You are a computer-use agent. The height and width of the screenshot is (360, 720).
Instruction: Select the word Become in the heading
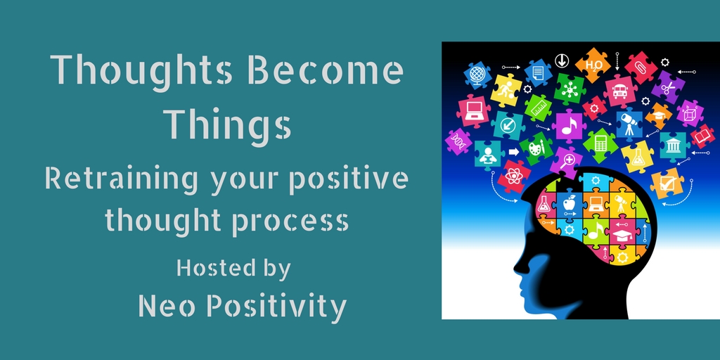[326, 70]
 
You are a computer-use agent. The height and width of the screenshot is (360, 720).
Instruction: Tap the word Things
[229, 127]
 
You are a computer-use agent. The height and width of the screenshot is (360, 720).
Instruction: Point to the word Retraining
[121, 179]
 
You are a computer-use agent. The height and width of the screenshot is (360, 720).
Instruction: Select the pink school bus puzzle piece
[619, 91]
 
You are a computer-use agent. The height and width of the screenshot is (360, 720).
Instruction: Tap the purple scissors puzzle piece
[668, 88]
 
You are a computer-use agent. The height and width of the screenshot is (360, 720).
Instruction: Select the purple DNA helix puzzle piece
[458, 141]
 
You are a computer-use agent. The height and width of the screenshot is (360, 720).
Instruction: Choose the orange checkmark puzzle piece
[667, 184]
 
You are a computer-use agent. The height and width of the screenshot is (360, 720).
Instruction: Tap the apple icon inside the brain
[570, 202]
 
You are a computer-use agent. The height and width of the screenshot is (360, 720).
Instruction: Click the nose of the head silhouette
[517, 267]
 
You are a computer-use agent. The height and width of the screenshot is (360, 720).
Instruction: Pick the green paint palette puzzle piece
[536, 148]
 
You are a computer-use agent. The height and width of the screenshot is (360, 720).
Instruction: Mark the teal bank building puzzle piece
[674, 146]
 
